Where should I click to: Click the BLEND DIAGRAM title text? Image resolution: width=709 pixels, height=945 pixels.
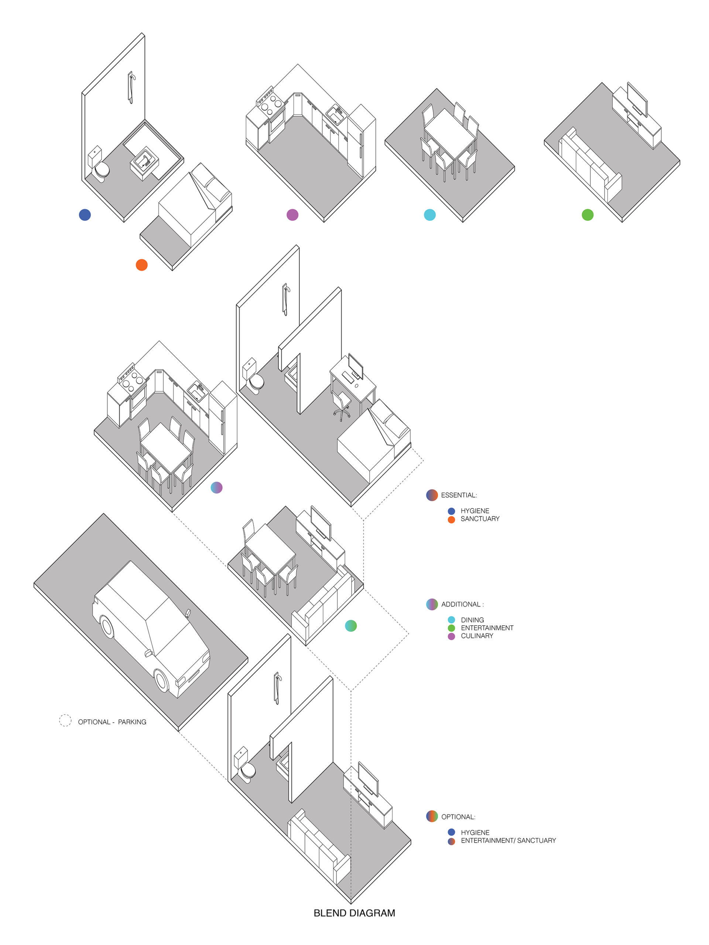[x=354, y=913]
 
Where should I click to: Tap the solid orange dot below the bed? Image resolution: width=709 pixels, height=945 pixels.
[x=141, y=265]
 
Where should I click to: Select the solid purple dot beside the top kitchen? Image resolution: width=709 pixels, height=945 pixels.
[x=292, y=215]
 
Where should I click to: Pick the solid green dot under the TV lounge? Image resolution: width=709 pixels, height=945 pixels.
[x=588, y=215]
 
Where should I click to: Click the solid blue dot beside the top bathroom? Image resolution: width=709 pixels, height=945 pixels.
[x=85, y=215]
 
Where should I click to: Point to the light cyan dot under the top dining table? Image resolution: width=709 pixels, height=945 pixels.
[x=429, y=215]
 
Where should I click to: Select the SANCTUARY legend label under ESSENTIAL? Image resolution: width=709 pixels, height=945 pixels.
[x=480, y=519]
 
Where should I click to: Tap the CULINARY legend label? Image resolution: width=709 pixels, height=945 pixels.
[x=477, y=636]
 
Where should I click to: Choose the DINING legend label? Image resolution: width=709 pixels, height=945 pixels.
[x=472, y=620]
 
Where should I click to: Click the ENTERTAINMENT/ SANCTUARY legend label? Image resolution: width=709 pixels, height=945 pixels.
[x=508, y=840]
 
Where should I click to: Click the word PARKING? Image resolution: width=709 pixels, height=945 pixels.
[x=132, y=722]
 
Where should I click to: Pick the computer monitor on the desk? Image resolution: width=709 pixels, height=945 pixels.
[x=356, y=367]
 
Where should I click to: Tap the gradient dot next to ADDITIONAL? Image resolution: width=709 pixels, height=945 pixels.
[x=432, y=604]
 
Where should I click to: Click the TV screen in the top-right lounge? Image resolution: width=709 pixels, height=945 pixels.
[x=637, y=99]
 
